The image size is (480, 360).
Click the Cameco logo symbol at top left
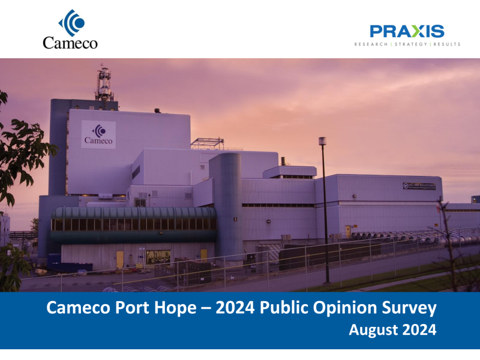tap(71, 22)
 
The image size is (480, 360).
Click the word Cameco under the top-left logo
tap(70, 42)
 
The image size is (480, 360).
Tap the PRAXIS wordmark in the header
tap(407, 31)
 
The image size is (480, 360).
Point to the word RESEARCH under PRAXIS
tap(371, 44)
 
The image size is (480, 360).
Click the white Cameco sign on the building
tap(98, 134)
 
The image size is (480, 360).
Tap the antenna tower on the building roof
tap(104, 84)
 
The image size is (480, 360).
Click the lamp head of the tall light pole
tap(322, 140)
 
